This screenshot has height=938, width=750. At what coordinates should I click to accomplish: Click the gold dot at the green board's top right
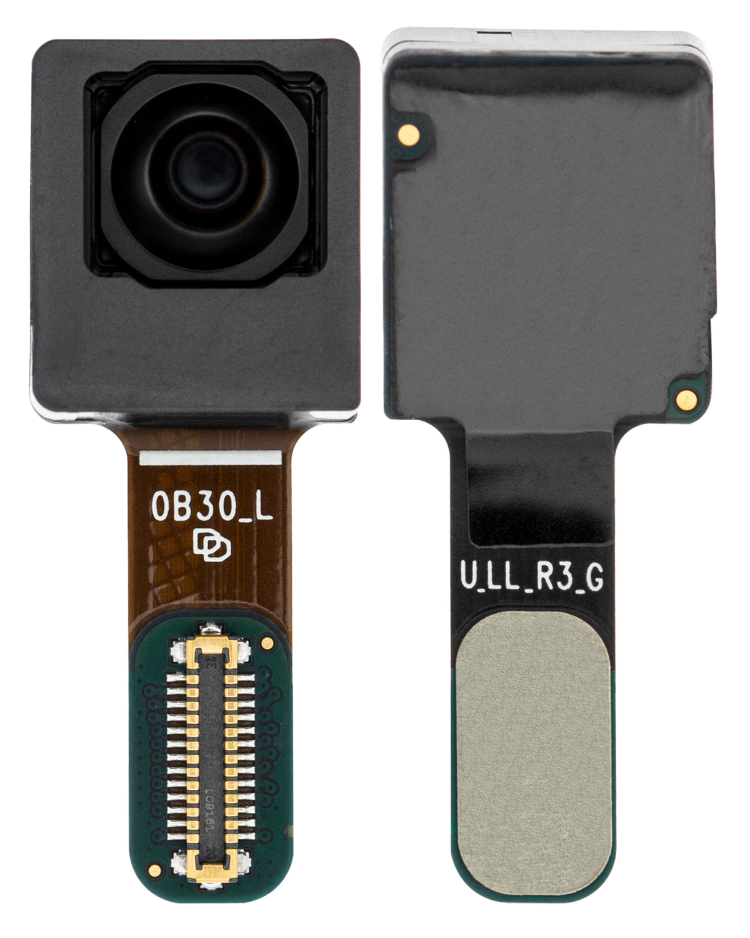click(268, 642)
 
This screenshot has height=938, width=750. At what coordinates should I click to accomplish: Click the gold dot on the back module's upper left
click(407, 130)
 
